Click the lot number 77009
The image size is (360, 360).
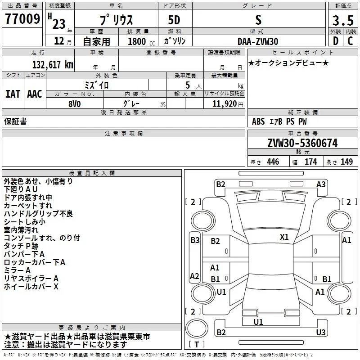[x=22, y=19]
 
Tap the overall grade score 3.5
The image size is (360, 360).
[x=343, y=20]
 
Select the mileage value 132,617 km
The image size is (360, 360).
[x=53, y=65]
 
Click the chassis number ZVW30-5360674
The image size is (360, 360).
[x=302, y=143]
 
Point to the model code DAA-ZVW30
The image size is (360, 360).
[x=258, y=41]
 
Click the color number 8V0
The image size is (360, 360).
[x=75, y=104]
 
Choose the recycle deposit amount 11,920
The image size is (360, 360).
[x=225, y=104]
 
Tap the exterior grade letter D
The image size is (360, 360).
[x=336, y=41]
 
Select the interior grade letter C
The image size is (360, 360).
[x=350, y=41]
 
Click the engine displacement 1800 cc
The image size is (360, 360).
[x=141, y=41]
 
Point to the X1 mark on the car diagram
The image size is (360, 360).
[x=284, y=237]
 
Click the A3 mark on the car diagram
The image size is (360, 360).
[x=321, y=184]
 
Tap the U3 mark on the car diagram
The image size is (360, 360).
[x=321, y=332]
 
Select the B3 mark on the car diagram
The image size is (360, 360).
[x=195, y=240]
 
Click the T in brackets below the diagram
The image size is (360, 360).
[x=197, y=344]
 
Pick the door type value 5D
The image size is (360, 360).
[x=174, y=20]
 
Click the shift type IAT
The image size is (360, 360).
[x=13, y=94]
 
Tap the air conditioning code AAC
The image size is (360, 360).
[x=35, y=94]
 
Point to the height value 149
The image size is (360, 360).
[x=346, y=162]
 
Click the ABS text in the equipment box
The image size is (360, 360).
[x=258, y=121]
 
